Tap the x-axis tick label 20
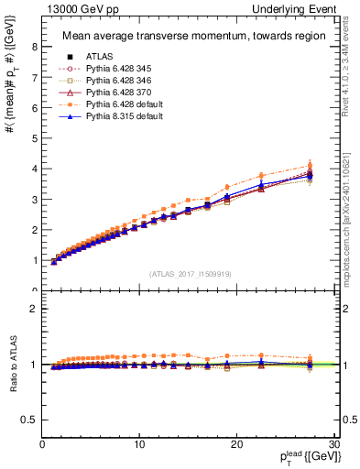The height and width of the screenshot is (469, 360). [x=236, y=445]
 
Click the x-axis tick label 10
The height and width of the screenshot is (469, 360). [x=139, y=445]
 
